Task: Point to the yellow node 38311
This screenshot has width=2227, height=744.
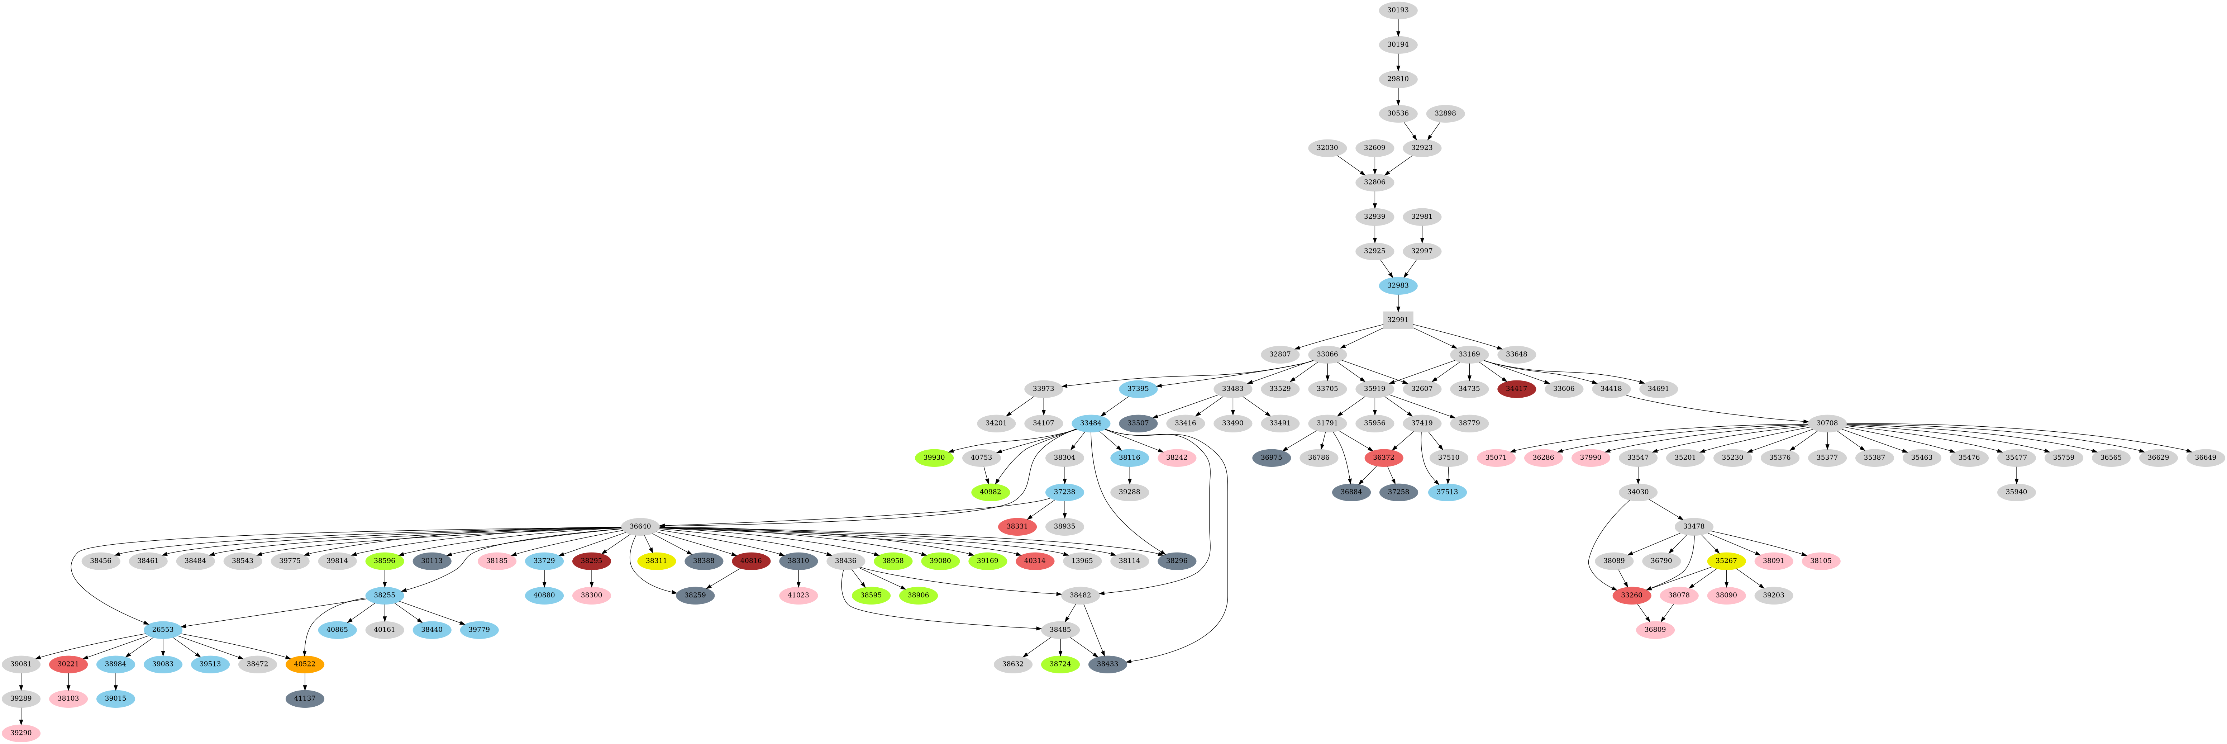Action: (656, 560)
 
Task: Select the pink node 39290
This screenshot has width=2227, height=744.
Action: (21, 733)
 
